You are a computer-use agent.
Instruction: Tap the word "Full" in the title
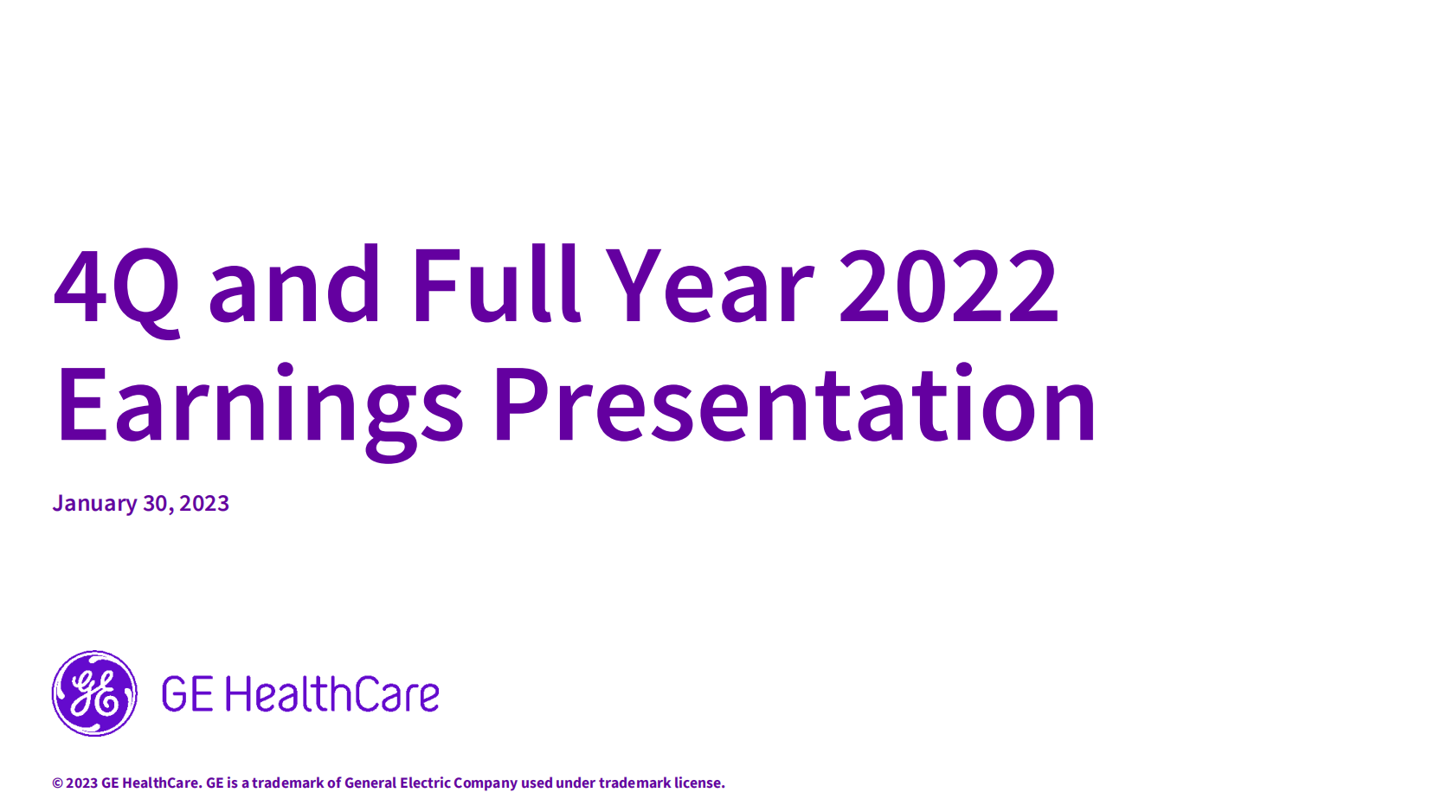[x=496, y=282]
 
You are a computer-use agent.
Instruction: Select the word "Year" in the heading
[x=711, y=284]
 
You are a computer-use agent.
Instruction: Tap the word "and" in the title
[x=294, y=282]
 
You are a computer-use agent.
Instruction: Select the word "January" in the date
[x=94, y=504]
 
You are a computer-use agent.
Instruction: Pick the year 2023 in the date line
[x=204, y=503]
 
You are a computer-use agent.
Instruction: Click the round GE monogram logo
[x=94, y=693]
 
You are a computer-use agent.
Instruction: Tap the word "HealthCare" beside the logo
[x=332, y=693]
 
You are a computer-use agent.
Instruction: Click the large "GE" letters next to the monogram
[x=187, y=694]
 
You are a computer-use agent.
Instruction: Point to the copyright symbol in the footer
[x=57, y=783]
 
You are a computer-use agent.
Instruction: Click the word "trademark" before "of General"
[x=287, y=783]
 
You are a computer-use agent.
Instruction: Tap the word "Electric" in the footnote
[x=425, y=783]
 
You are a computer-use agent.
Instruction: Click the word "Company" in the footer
[x=486, y=783]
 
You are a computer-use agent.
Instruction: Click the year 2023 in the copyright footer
[x=81, y=783]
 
